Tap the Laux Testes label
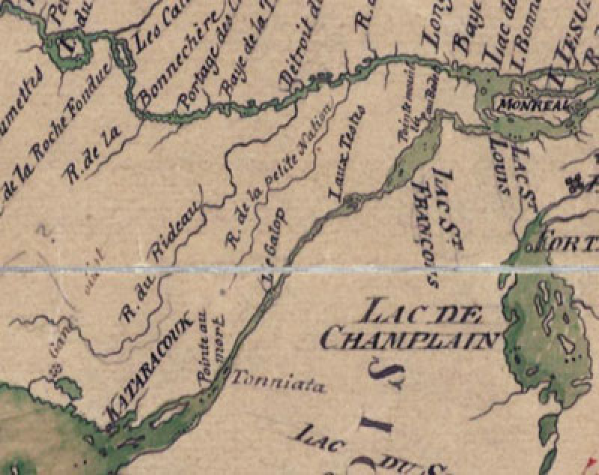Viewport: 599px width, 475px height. [346, 154]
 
